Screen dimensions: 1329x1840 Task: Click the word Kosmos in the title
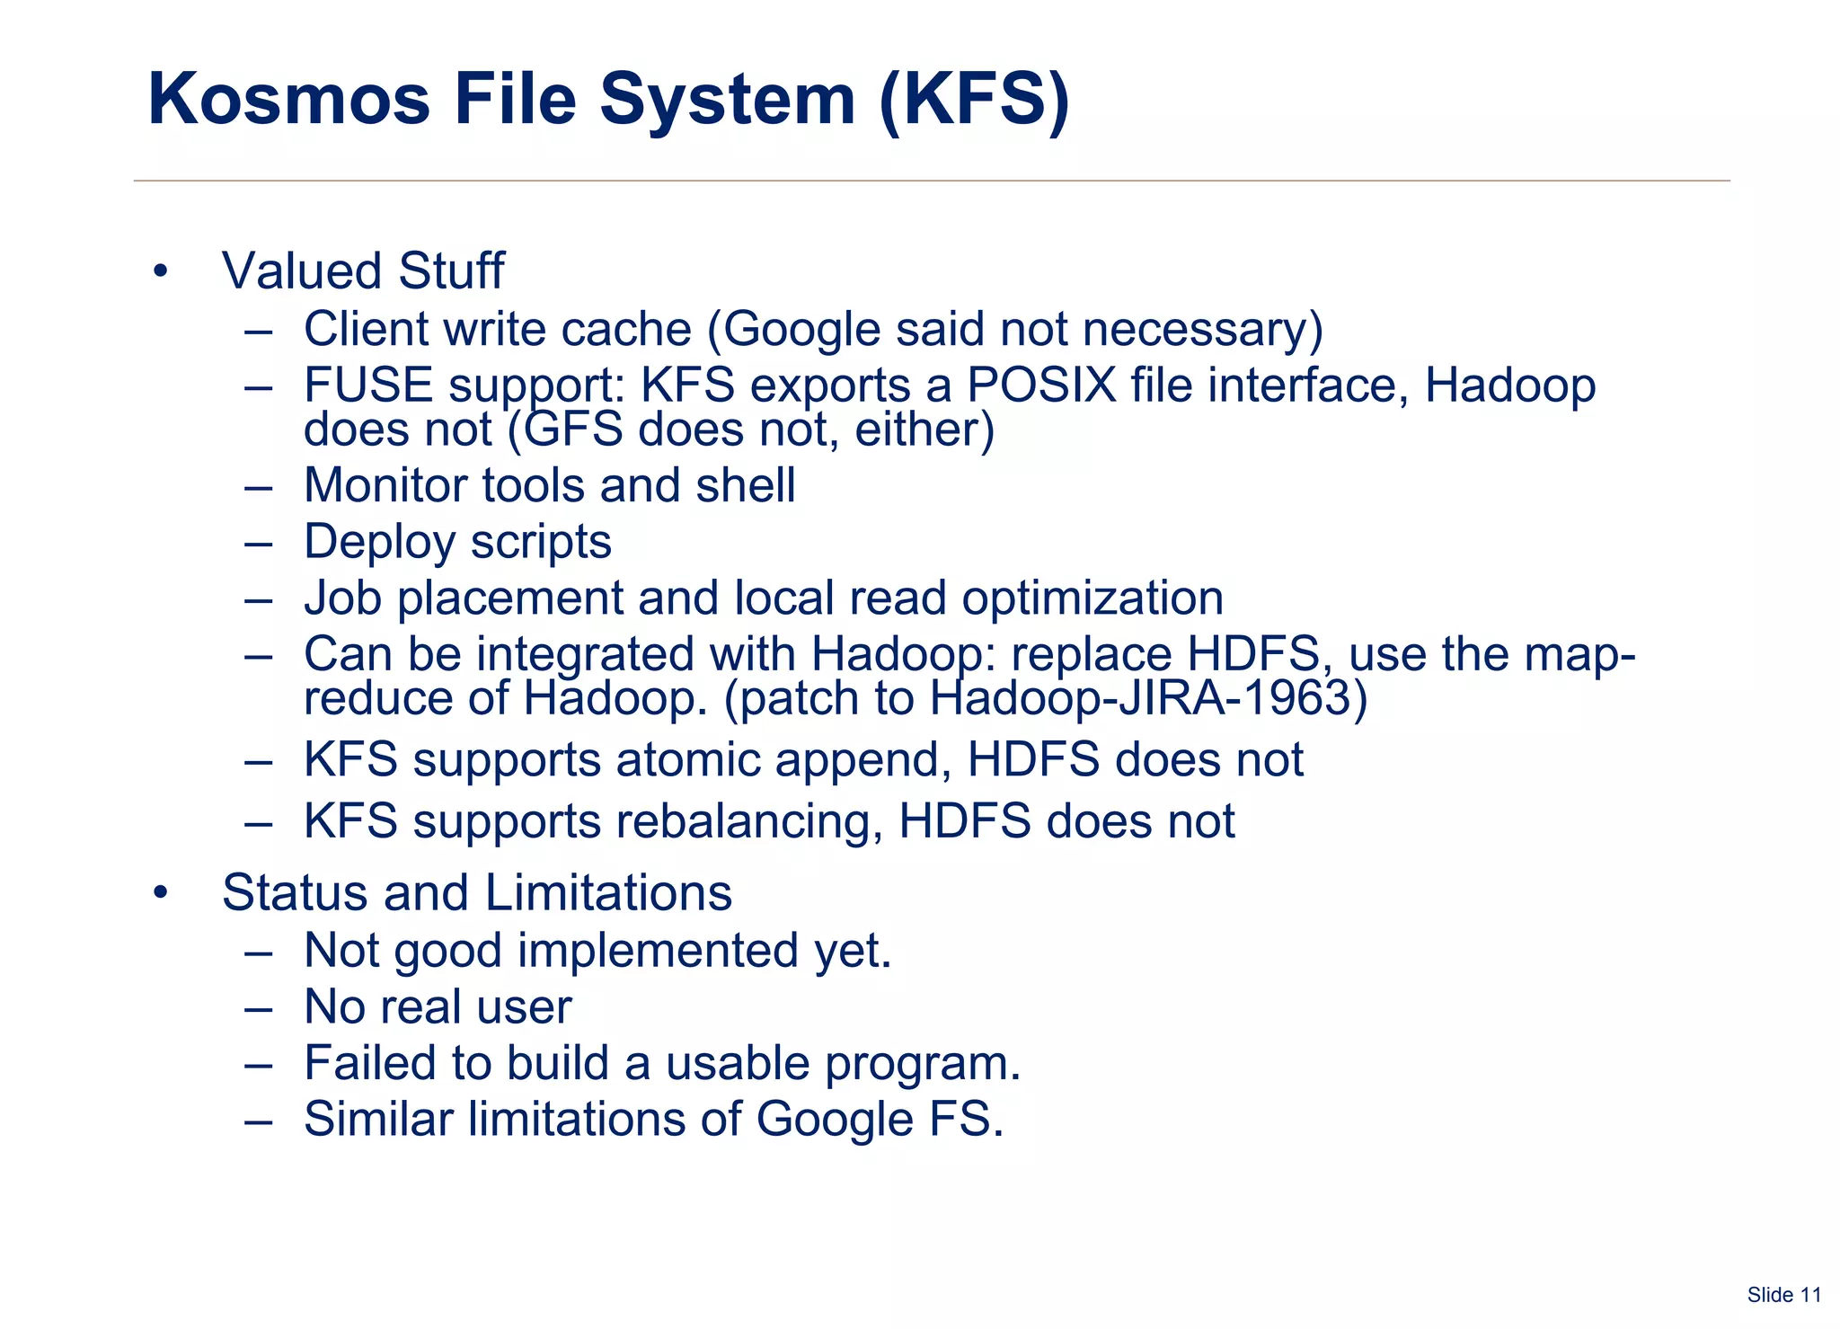pyautogui.click(x=288, y=99)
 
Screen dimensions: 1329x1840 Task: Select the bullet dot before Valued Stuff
pyautogui.click(x=161, y=271)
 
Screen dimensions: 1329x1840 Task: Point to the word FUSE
pyautogui.click(x=368, y=385)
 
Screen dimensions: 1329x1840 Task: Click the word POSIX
pyautogui.click(x=1041, y=385)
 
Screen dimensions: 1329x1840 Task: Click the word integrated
pyautogui.click(x=586, y=654)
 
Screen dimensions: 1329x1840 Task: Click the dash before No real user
pyautogui.click(x=258, y=1007)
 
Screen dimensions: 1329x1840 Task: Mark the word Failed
pyautogui.click(x=369, y=1063)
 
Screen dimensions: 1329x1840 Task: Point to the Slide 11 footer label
pyautogui.click(x=1783, y=1295)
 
